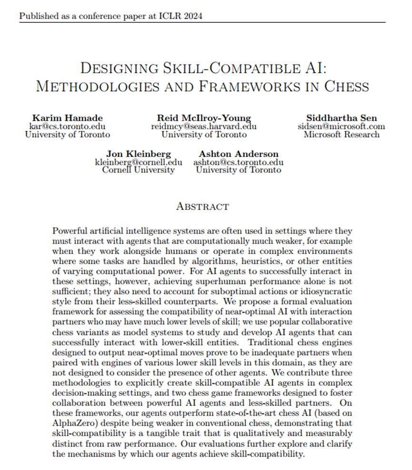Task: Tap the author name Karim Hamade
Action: (x=68, y=118)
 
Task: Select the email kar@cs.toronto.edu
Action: (x=68, y=127)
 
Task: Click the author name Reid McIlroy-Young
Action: (x=204, y=118)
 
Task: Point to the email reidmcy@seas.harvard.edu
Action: (x=204, y=127)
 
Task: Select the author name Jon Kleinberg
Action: (x=138, y=154)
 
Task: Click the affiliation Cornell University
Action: (x=138, y=170)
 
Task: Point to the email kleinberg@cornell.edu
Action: (x=138, y=162)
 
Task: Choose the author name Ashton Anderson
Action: (x=238, y=154)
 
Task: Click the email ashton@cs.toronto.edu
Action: (x=238, y=162)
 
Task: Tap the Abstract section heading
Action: (x=203, y=206)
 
